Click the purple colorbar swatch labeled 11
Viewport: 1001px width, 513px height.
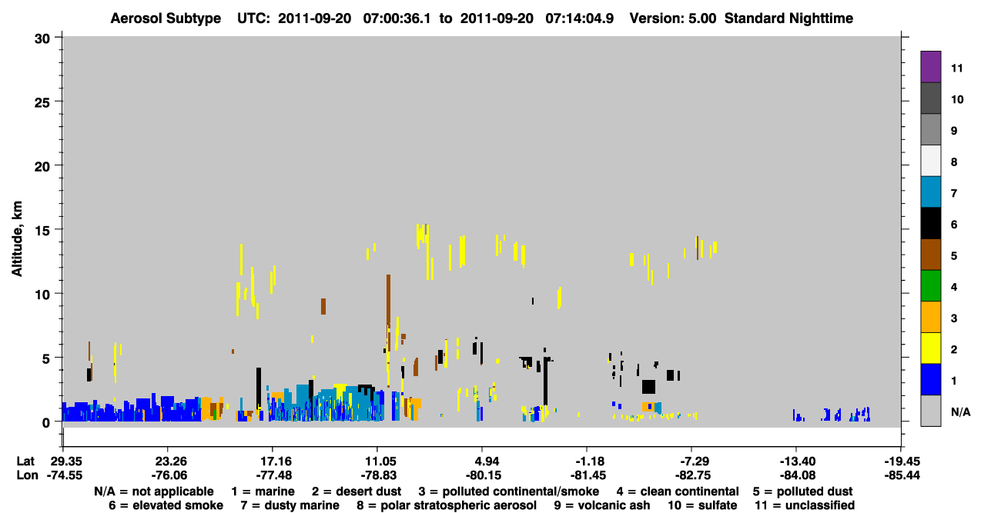(930, 66)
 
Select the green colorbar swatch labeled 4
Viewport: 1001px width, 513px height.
(930, 286)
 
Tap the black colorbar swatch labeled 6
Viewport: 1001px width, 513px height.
(930, 223)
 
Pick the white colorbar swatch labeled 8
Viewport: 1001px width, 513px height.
(930, 161)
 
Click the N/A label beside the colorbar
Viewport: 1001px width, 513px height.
(960, 411)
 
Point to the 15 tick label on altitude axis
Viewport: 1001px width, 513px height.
(42, 231)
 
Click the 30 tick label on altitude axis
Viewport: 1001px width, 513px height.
(42, 39)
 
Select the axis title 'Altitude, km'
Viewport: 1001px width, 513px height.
(17, 239)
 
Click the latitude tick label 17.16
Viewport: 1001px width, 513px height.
(276, 461)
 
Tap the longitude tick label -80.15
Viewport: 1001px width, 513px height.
(483, 475)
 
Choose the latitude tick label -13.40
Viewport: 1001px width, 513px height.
(798, 461)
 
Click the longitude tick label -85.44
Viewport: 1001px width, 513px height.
(902, 475)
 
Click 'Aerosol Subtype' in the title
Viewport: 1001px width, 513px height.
(166, 18)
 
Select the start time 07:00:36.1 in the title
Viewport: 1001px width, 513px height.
(397, 18)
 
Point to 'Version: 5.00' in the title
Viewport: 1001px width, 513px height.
(672, 18)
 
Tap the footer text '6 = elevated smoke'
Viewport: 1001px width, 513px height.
(166, 505)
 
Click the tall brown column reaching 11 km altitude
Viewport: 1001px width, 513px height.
(388, 312)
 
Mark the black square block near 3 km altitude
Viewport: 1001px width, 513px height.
(648, 387)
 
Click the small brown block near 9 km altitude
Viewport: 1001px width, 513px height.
(323, 306)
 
